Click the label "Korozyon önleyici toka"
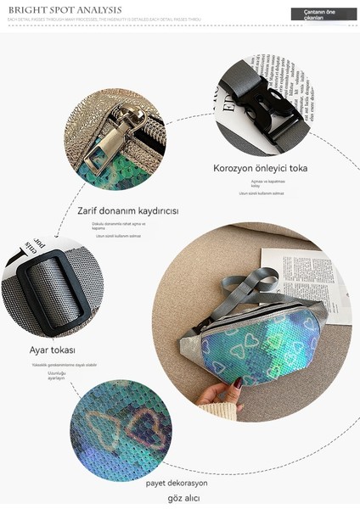[x=261, y=168]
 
